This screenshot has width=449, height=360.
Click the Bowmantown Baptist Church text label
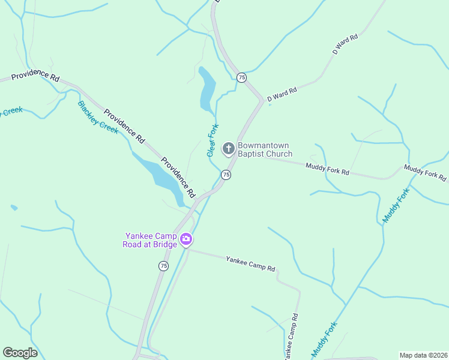[x=264, y=149]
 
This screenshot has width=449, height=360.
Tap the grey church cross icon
[x=228, y=148]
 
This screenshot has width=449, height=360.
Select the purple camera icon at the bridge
[x=186, y=240]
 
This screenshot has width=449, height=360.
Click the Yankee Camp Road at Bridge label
[x=151, y=240]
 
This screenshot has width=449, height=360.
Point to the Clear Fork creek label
[x=212, y=140]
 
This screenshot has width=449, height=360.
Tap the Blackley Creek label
[x=98, y=116]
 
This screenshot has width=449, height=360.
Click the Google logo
[x=20, y=353]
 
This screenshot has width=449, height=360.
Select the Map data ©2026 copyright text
[x=423, y=355]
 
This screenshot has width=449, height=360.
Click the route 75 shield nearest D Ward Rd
[x=241, y=77]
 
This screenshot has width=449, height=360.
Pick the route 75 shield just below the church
[x=226, y=175]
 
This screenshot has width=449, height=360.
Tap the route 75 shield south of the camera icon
[x=164, y=265]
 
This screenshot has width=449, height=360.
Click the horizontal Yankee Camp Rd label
[x=250, y=263]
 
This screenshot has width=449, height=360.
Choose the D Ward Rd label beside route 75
[x=282, y=94]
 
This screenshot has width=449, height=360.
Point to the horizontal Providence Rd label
[x=35, y=77]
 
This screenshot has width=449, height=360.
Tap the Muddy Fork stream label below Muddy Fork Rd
[x=396, y=206]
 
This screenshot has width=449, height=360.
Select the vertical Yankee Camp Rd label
[x=291, y=338]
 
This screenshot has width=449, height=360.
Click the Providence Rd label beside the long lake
[x=178, y=178]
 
